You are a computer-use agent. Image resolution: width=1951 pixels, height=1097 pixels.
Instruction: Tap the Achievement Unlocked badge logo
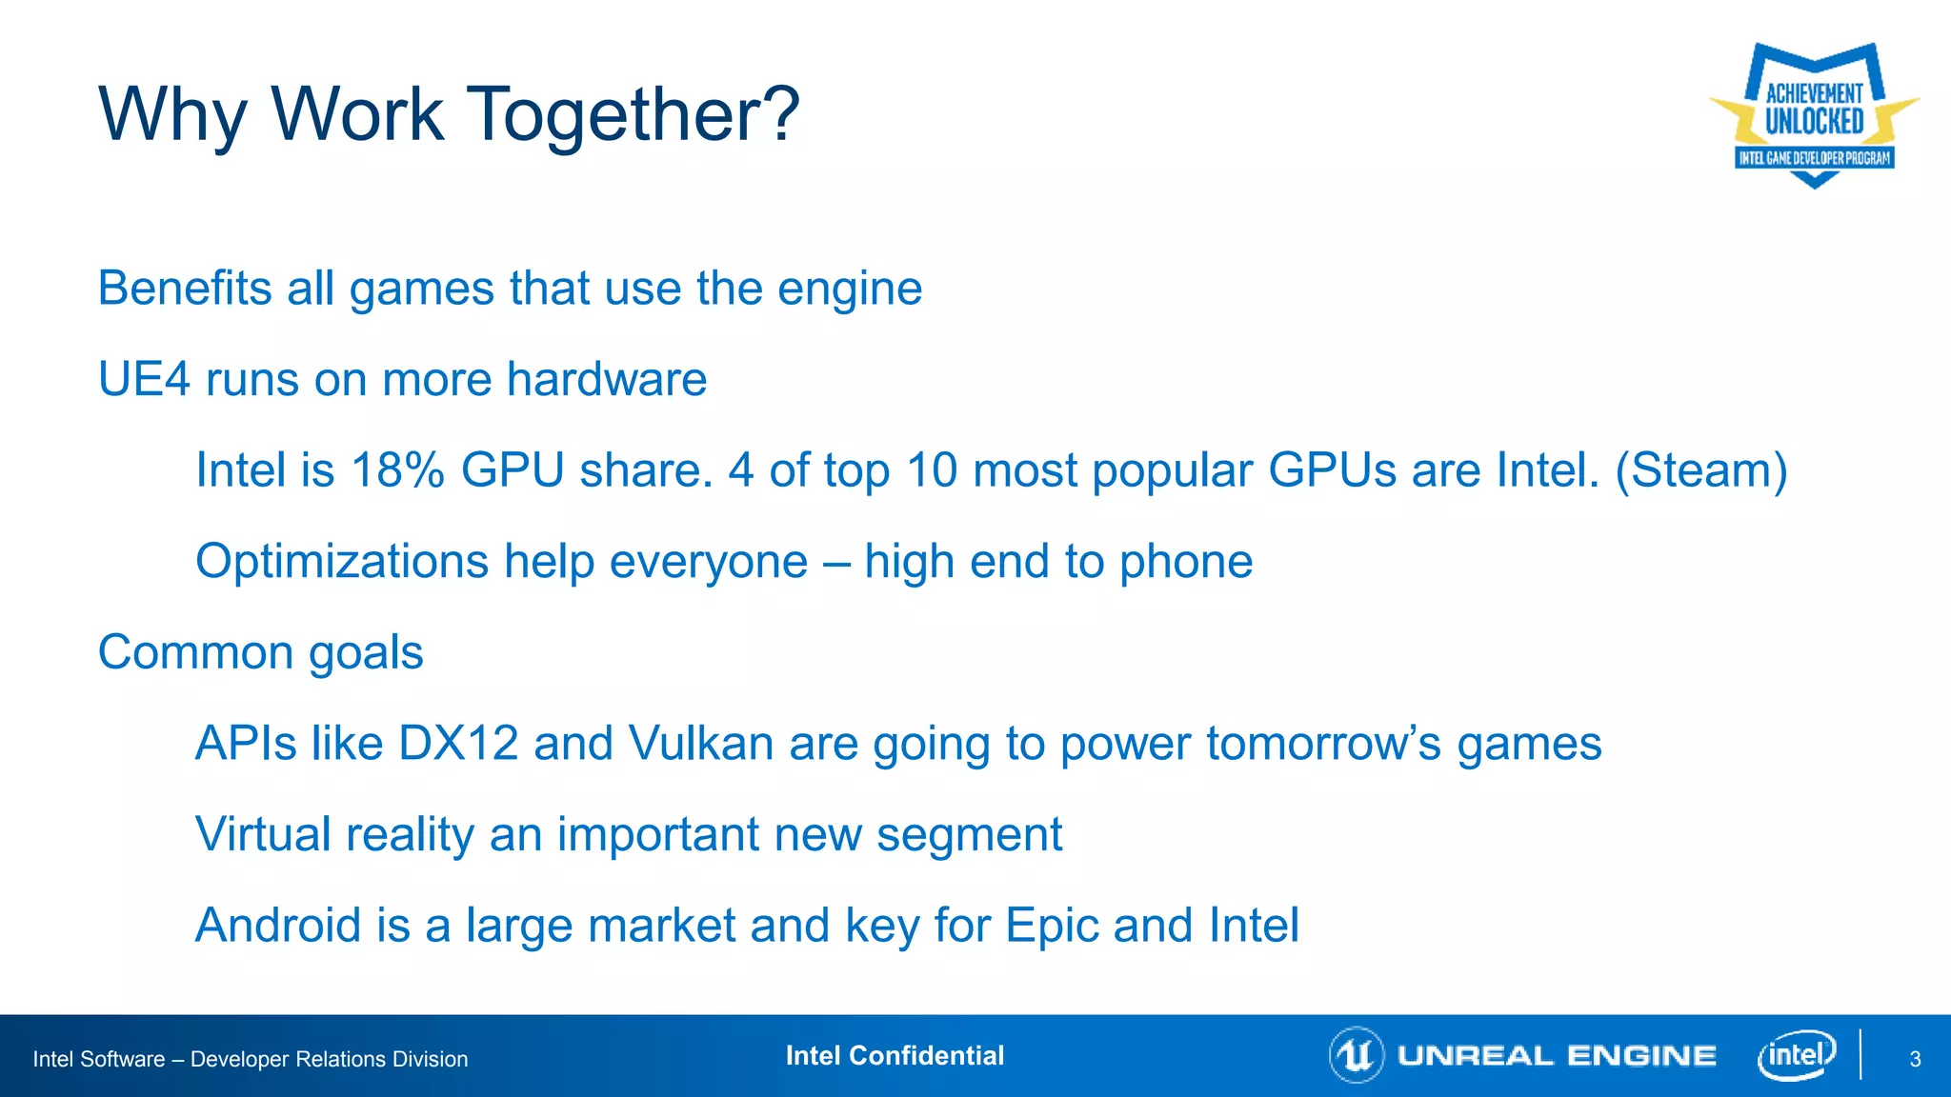pyautogui.click(x=1814, y=114)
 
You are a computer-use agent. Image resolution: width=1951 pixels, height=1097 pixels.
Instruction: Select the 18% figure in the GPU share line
pyautogui.click(x=397, y=470)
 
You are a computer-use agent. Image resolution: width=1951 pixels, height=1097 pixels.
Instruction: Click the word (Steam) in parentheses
pyautogui.click(x=1701, y=470)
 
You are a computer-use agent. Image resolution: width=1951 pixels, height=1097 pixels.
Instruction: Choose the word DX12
pyautogui.click(x=458, y=744)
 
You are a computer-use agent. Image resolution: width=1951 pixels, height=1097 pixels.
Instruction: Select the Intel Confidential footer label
pyautogui.click(x=895, y=1056)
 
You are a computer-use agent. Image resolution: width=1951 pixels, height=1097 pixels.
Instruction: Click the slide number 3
pyautogui.click(x=1915, y=1059)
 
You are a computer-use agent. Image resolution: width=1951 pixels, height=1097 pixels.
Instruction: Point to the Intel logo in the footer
pyautogui.click(x=1796, y=1055)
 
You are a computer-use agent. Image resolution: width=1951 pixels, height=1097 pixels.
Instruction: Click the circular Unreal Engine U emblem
pyautogui.click(x=1356, y=1055)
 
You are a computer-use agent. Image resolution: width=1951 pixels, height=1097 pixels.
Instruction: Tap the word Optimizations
pyautogui.click(x=341, y=562)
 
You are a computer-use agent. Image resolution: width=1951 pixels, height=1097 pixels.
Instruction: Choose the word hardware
pyautogui.click(x=607, y=380)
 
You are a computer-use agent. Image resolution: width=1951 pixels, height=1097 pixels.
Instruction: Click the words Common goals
pyautogui.click(x=261, y=653)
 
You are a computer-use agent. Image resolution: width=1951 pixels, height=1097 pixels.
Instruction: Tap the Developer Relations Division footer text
pyautogui.click(x=329, y=1059)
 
